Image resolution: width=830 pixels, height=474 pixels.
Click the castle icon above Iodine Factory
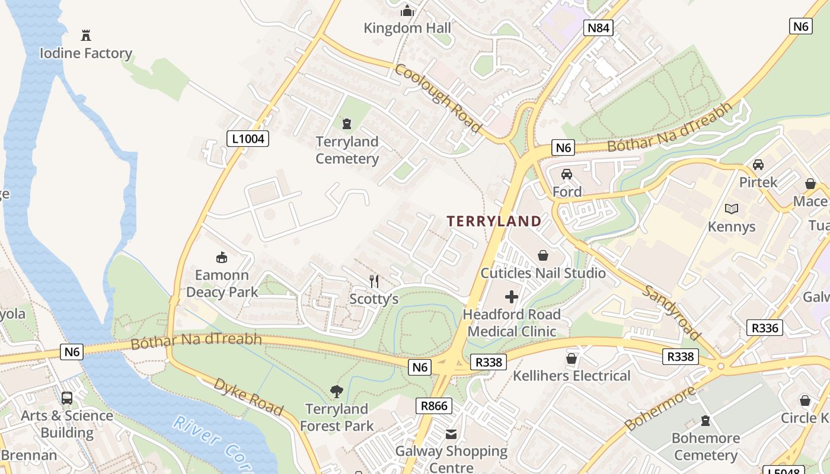(86, 36)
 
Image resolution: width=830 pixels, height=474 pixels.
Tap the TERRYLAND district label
(494, 222)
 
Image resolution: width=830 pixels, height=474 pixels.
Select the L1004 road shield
(248, 139)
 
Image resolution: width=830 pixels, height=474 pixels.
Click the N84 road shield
(598, 28)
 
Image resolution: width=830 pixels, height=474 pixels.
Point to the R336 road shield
(764, 328)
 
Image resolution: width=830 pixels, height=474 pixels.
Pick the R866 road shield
(434, 406)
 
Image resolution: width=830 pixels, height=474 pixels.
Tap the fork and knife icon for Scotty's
(374, 281)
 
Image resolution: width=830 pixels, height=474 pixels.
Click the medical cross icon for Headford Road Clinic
(512, 297)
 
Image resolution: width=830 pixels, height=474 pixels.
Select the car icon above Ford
(567, 174)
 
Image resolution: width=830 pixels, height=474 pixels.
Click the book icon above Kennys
(732, 209)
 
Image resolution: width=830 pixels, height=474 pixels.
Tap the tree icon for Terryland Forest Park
(337, 391)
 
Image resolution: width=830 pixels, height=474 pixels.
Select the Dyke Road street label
(248, 396)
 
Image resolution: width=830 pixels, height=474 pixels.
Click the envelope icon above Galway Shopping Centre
(452, 434)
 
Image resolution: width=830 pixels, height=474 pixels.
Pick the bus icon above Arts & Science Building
(67, 398)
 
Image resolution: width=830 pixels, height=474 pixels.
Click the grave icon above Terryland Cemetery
(347, 124)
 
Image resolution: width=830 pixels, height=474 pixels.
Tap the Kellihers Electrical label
(572, 376)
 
